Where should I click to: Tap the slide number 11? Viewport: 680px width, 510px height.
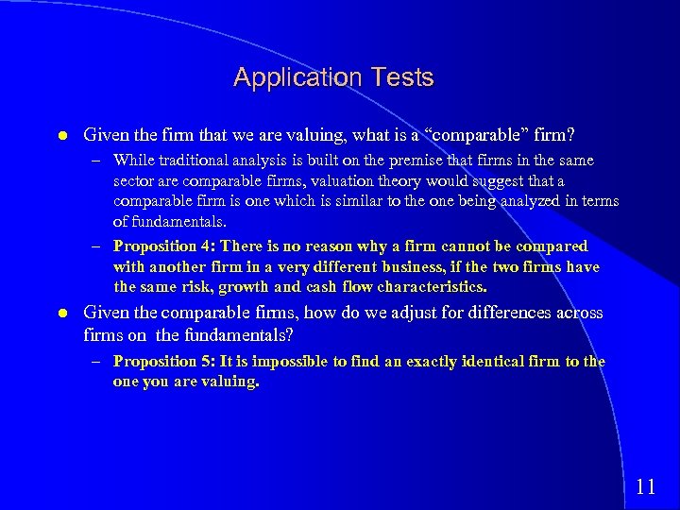pos(646,487)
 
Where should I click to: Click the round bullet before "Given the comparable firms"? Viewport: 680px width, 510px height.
pos(59,313)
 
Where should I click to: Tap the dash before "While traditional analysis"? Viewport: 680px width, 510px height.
pos(99,161)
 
